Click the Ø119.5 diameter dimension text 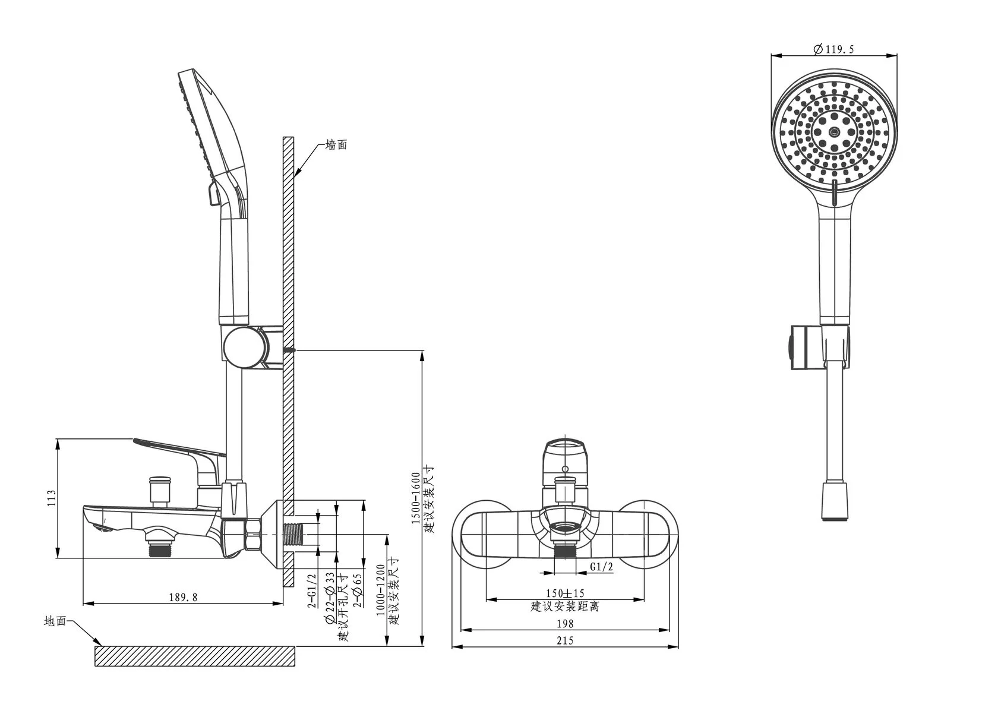point(833,49)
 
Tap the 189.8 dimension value point(183,597)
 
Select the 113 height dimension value point(52,498)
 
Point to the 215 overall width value point(565,640)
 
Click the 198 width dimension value point(565,623)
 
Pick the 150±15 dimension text point(565,593)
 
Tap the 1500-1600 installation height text point(416,498)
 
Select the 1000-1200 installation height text point(380,590)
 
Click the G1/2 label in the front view point(601,567)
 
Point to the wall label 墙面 point(336,144)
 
